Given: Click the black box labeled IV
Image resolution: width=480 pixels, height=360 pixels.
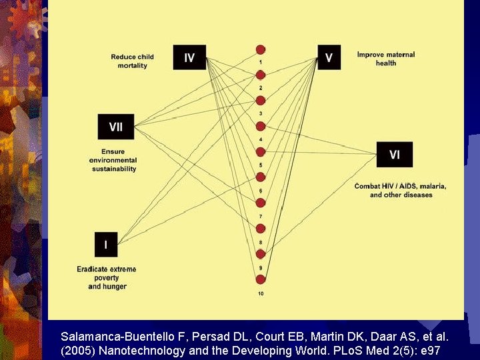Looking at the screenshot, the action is (189, 57).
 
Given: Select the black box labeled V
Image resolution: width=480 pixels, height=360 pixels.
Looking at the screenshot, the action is (329, 57).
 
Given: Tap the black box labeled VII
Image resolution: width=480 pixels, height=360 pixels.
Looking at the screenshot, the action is (116, 126).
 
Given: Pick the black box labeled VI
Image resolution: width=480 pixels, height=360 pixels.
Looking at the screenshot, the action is (395, 155).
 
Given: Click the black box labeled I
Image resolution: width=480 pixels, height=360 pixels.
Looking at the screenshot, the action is (106, 245).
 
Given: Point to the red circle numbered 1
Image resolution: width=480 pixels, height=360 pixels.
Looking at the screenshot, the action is (261, 49).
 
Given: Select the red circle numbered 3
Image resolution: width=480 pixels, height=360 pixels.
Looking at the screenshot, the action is (261, 101).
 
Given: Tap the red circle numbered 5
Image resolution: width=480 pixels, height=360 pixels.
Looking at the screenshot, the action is (261, 152).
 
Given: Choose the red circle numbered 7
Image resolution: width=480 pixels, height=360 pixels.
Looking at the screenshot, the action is (261, 203).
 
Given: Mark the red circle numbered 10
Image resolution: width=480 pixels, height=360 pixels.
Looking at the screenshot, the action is (261, 279).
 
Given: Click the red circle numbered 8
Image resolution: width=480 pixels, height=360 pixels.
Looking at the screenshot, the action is (261, 229).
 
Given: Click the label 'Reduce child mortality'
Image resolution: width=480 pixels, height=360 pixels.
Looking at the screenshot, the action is (132, 61).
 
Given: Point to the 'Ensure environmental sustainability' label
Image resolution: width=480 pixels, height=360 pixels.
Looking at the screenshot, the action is (114, 160).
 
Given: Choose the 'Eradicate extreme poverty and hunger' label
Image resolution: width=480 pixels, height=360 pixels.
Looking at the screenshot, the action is (107, 277).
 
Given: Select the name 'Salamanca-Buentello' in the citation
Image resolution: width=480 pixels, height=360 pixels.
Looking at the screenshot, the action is (111, 337).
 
